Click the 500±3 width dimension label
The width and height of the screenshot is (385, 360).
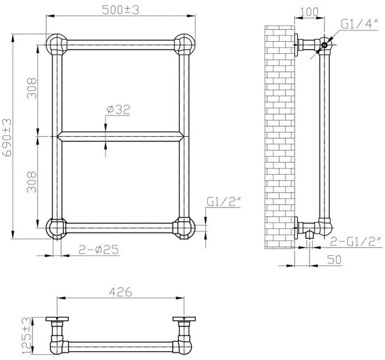120,10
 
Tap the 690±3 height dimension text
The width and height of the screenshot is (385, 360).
7,138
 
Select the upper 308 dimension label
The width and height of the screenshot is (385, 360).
32,89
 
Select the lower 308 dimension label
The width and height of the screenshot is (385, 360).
32,182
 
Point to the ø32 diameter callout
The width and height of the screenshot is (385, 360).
118,109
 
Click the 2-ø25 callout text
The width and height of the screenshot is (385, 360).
99,249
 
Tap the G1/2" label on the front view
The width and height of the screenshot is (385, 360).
223,202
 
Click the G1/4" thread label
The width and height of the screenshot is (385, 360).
359,25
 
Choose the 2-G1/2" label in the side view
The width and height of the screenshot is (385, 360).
356,242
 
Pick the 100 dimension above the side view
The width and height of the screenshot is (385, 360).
309,12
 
